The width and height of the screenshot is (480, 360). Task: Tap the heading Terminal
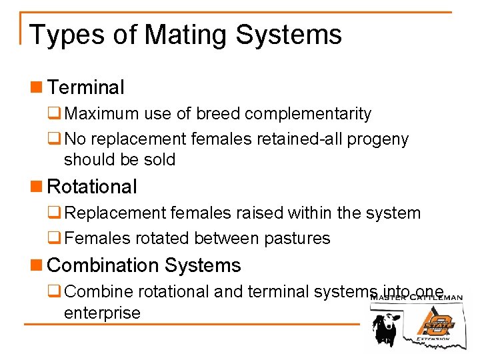[86, 87]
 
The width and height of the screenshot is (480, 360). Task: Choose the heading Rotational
[93, 187]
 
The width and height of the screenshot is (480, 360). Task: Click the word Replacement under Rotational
[114, 213]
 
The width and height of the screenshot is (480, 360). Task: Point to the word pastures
[297, 238]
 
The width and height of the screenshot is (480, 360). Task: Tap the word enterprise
[102, 313]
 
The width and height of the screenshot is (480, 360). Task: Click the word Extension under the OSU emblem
[433, 339]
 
